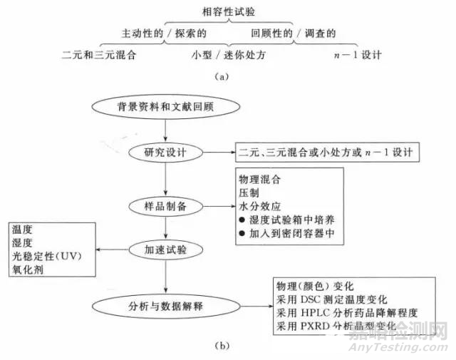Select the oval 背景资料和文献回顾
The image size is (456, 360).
165,108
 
